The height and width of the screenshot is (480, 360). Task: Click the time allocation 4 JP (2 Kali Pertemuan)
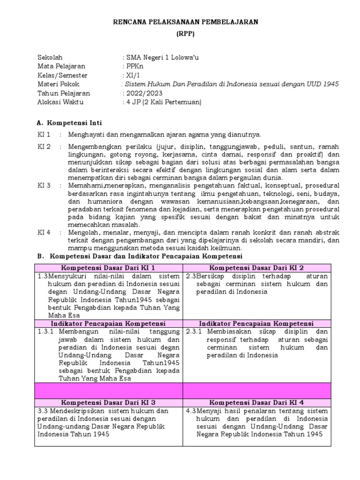point(163,102)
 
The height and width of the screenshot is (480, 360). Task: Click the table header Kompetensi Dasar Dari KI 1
point(108,268)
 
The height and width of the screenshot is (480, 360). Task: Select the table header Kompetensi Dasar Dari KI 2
point(256,268)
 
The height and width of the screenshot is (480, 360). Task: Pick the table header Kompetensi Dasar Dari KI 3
point(108,402)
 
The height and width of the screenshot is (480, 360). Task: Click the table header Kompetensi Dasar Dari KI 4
point(256,402)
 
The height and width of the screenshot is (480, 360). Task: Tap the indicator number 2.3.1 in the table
point(194,332)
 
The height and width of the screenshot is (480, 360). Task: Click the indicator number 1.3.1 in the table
point(46,332)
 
